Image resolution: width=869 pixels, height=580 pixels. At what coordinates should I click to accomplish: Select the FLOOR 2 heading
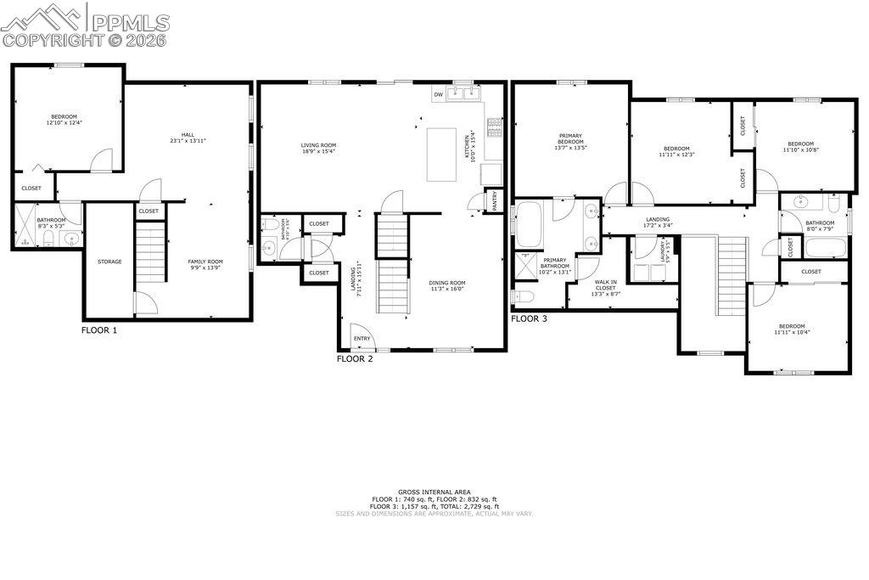click(x=355, y=358)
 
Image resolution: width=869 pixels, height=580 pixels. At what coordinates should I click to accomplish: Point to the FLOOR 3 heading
click(x=529, y=318)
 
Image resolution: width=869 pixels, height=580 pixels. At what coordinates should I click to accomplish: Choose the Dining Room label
click(x=446, y=285)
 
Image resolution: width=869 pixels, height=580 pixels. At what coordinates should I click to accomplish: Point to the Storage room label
click(x=109, y=262)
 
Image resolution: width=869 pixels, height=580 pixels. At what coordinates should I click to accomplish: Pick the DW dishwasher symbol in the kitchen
click(x=438, y=94)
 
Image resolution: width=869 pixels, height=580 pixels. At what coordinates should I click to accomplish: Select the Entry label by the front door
click(x=362, y=339)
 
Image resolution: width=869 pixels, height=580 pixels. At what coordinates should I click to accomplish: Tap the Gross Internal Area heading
click(x=434, y=492)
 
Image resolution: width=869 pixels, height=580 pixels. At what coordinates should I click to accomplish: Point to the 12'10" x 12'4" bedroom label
click(x=64, y=120)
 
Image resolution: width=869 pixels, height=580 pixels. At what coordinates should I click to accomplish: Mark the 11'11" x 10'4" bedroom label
click(x=791, y=329)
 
